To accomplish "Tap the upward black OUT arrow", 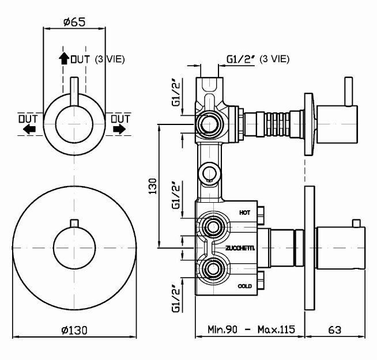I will click(63, 58).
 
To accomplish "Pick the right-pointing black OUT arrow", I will click(119, 130).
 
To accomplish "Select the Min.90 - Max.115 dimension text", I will click(250, 330).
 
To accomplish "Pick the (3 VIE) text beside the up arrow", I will click(110, 58).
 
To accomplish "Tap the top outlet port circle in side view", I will click(209, 122).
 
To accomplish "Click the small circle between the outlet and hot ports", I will click(209, 172).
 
